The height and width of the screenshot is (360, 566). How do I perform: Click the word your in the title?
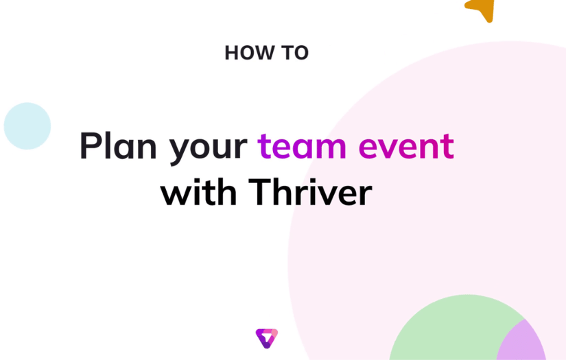pos(209,148)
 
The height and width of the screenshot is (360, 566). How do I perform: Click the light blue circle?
pos(27,126)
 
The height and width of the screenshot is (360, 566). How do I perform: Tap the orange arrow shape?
pos(482,9)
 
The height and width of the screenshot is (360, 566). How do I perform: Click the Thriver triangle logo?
pos(266,338)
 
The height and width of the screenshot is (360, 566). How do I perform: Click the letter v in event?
pos(388,148)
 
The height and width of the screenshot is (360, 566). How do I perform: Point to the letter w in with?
pos(174,195)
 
